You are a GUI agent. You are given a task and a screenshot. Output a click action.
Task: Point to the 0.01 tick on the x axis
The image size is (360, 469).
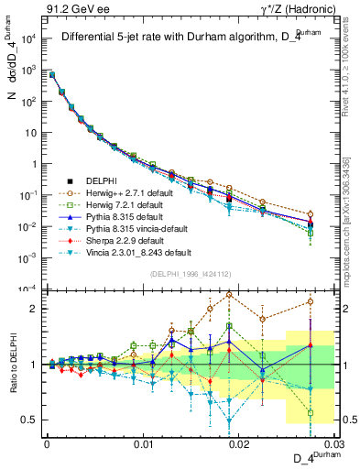coord(142,443)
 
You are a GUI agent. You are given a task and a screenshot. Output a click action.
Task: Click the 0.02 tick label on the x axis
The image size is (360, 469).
coord(238,443)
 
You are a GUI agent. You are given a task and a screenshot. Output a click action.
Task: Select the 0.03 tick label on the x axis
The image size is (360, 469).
coord(333,443)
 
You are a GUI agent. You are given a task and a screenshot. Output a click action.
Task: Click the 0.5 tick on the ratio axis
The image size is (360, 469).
coord(30,420)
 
